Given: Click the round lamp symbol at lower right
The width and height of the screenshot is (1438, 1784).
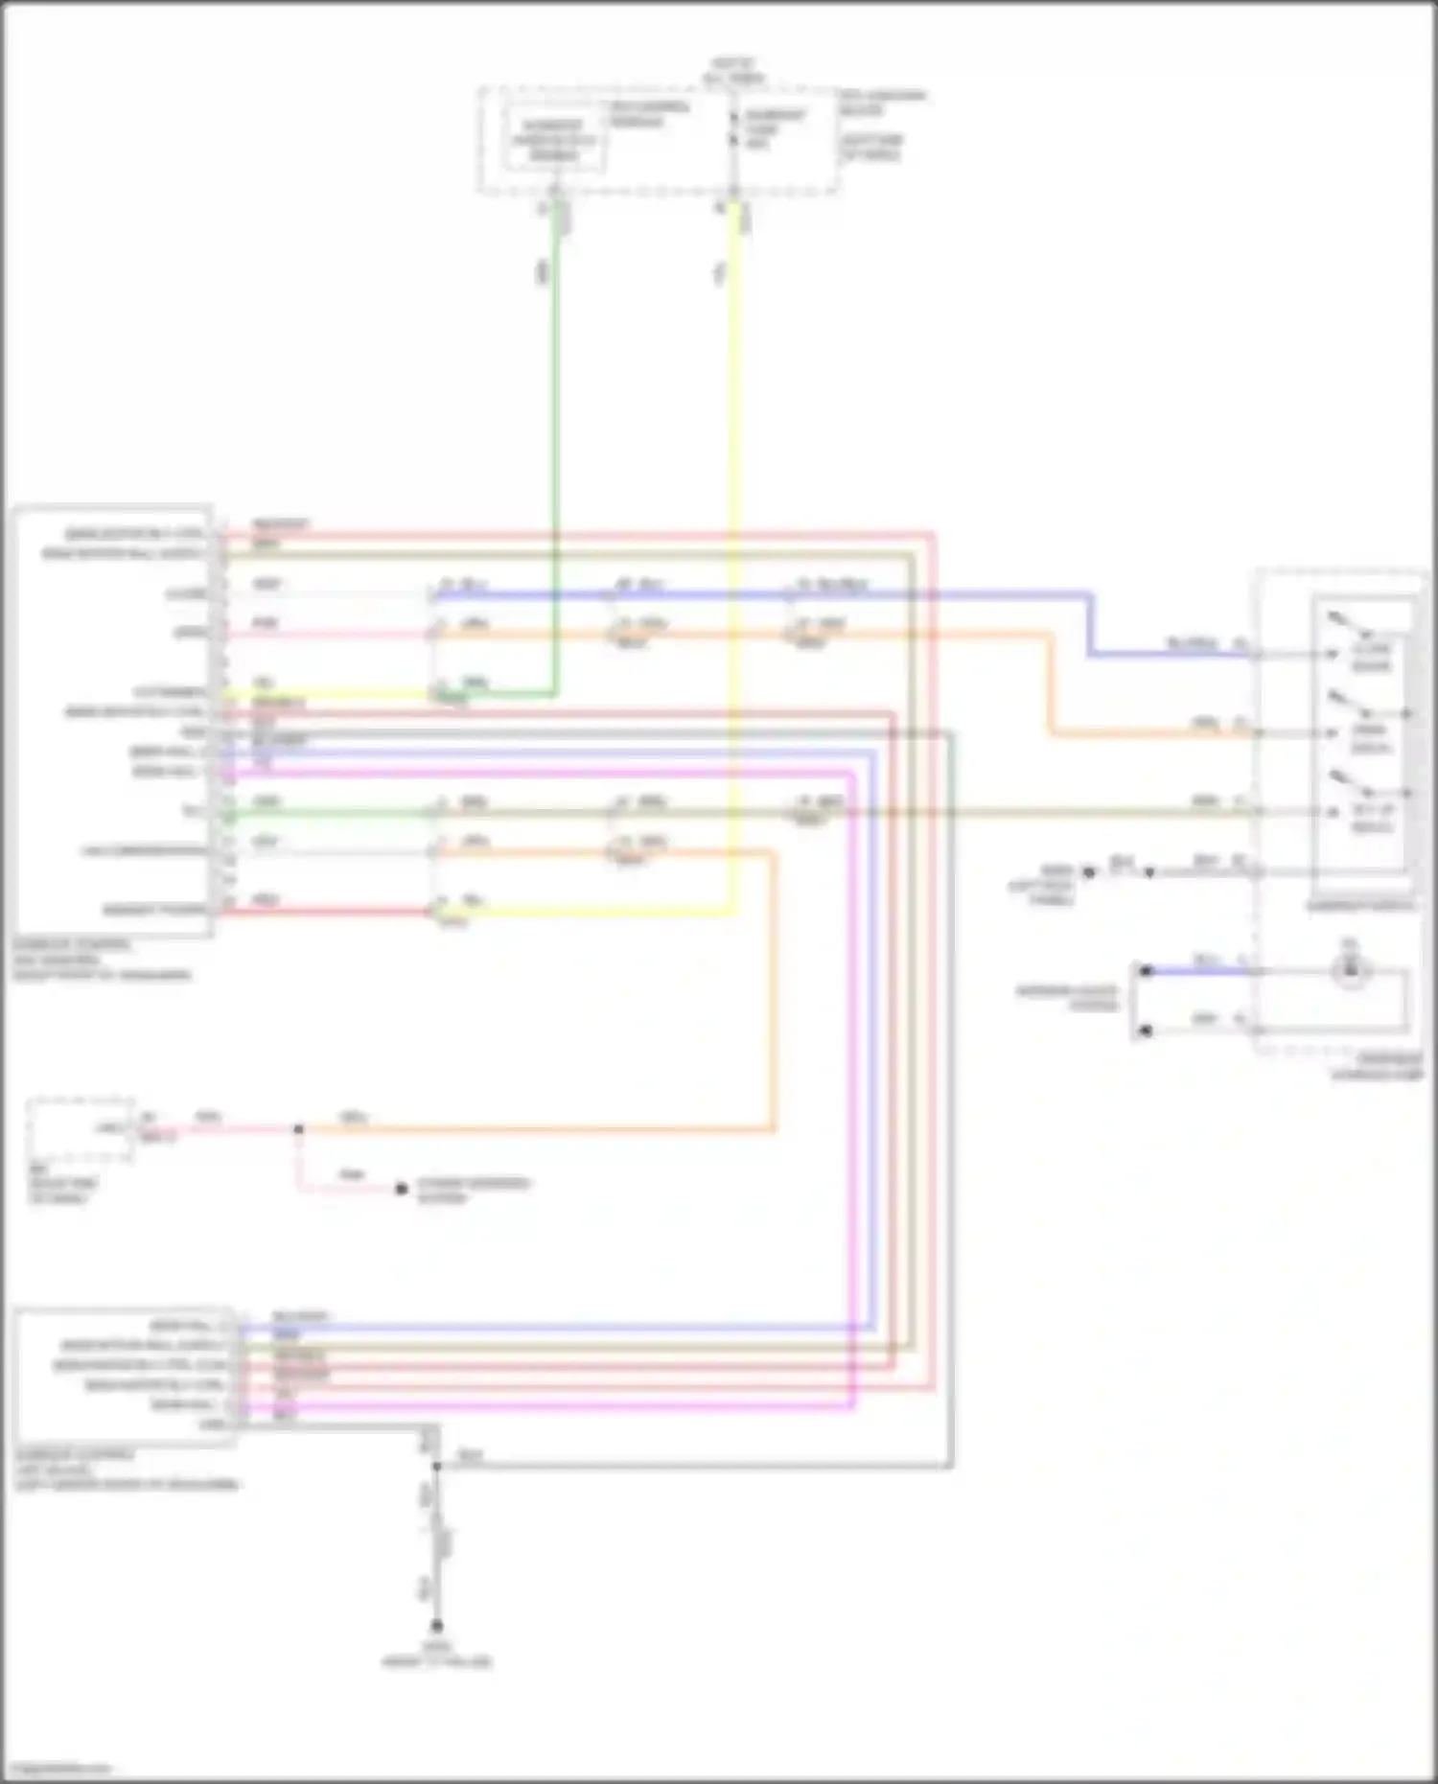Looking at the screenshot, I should (1350, 972).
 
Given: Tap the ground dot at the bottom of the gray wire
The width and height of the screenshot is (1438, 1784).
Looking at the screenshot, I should (436, 1626).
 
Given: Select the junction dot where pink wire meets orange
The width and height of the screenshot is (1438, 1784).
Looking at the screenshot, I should (298, 1129).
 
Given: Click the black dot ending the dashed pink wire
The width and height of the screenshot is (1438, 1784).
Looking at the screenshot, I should (402, 1190).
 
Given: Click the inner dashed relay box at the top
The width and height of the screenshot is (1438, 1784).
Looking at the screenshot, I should (554, 140).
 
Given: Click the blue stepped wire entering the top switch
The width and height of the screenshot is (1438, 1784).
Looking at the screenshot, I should (1090, 623).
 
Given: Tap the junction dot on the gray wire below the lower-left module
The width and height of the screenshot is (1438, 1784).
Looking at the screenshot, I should (436, 1467).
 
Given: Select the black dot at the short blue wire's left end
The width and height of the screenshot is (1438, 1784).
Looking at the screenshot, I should (1145, 971).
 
